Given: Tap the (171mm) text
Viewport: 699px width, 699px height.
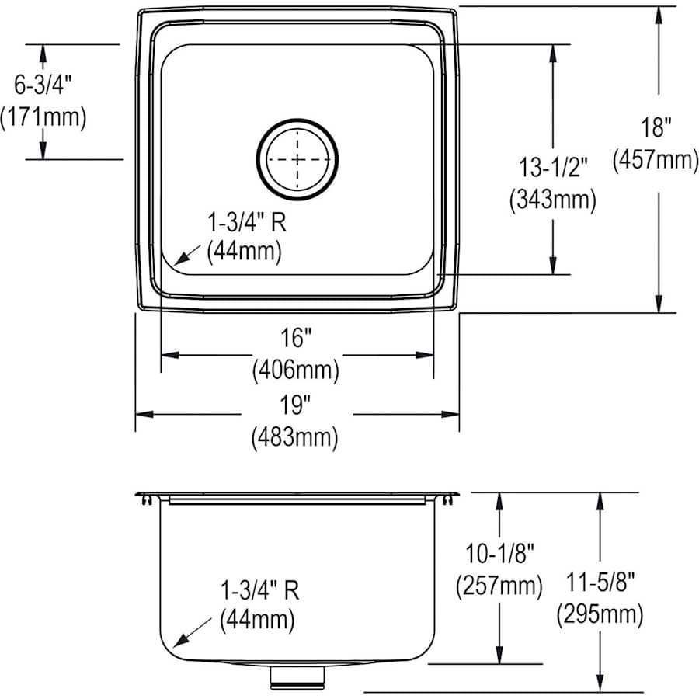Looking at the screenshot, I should (x=43, y=117).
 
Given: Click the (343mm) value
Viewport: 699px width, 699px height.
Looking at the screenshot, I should (x=553, y=200).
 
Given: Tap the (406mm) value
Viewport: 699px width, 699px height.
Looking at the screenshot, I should (x=296, y=370).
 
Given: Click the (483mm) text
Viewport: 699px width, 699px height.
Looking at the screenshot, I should (x=295, y=438).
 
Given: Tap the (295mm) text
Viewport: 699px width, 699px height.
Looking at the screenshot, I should (x=599, y=615).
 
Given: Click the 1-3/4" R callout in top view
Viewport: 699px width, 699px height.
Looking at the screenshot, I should (x=247, y=224).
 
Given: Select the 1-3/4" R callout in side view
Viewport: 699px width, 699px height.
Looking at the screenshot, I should (x=259, y=589).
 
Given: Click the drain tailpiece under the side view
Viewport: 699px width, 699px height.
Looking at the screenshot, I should (x=297, y=677).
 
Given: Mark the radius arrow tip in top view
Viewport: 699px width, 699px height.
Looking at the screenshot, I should (x=176, y=264).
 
